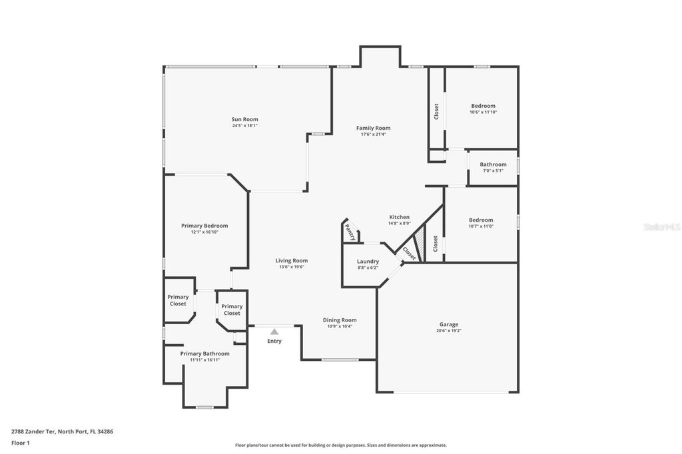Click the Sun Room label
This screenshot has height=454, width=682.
[x=245, y=120]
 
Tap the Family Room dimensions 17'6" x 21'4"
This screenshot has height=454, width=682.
[x=373, y=134]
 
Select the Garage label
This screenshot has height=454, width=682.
[x=448, y=324]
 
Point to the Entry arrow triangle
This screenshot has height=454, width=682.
[x=274, y=332]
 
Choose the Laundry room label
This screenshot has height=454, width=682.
[x=368, y=262]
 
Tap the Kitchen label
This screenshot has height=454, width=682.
[x=399, y=218]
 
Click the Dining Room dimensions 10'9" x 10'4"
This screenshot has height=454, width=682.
[x=340, y=326]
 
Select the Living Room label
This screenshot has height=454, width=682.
[x=292, y=261]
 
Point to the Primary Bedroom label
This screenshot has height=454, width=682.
[x=204, y=226]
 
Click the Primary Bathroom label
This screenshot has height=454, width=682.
[x=204, y=353]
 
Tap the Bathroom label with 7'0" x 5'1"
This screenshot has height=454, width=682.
[x=493, y=164]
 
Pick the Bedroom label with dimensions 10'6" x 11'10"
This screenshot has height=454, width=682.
[x=483, y=106]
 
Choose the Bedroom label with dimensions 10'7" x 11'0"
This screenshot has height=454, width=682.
[x=481, y=220]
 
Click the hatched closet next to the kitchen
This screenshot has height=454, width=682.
[x=420, y=239]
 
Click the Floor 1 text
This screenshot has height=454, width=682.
[x=21, y=442]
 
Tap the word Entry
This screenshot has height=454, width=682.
[x=274, y=341]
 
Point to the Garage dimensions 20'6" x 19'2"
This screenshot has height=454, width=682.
[x=448, y=331]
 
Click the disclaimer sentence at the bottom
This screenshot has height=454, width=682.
[x=340, y=445]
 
